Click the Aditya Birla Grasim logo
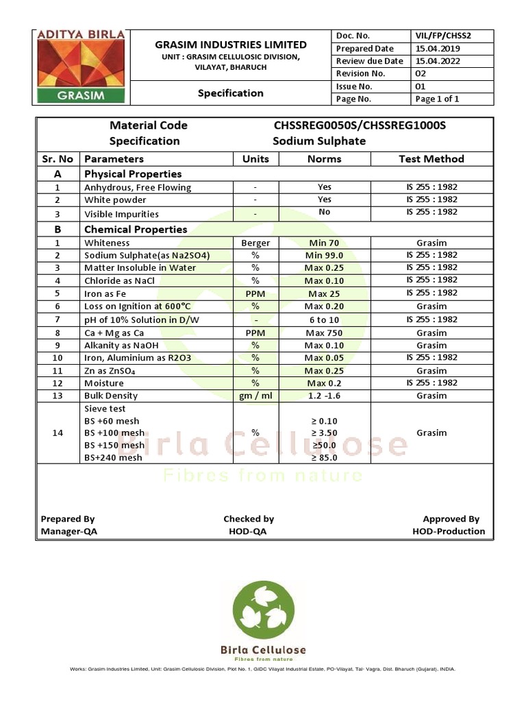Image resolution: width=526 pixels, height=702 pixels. click(x=81, y=66)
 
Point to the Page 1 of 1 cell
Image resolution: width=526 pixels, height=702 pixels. click(x=437, y=99)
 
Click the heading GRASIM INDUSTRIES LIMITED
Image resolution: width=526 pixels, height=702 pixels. click(x=230, y=45)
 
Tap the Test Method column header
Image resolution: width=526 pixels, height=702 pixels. click(x=431, y=159)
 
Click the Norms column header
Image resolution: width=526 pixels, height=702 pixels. click(x=324, y=159)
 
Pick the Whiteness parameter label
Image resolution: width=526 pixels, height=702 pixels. click(x=107, y=243)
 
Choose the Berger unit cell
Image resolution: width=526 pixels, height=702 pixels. click(x=255, y=243)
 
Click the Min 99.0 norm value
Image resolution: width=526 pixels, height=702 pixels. click(x=324, y=255)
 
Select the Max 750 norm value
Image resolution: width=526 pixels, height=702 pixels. click(x=324, y=332)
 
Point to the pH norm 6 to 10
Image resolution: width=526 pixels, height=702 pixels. click(x=324, y=319)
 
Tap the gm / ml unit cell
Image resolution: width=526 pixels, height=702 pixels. click(x=255, y=396)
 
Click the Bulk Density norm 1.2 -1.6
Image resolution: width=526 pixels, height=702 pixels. click(x=324, y=396)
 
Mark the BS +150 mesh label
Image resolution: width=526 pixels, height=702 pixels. click(x=114, y=445)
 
